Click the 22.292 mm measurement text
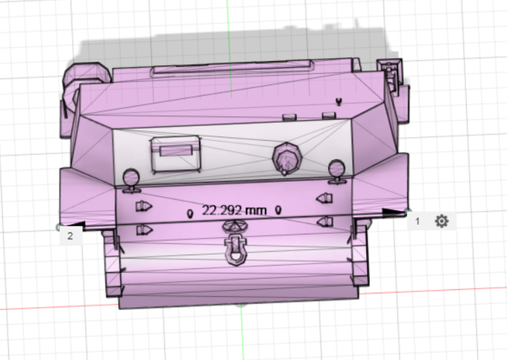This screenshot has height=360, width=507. pos(234,210)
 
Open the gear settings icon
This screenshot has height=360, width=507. pos(441,221)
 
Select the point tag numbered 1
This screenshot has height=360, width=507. pos(418,221)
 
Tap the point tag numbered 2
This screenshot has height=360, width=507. pos(70,236)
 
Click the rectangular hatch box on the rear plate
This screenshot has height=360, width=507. pos(175,154)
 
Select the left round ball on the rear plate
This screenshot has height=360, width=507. pos(131,178)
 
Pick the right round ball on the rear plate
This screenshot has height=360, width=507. pos(336,169)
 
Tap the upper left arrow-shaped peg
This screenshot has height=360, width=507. pos(144,206)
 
